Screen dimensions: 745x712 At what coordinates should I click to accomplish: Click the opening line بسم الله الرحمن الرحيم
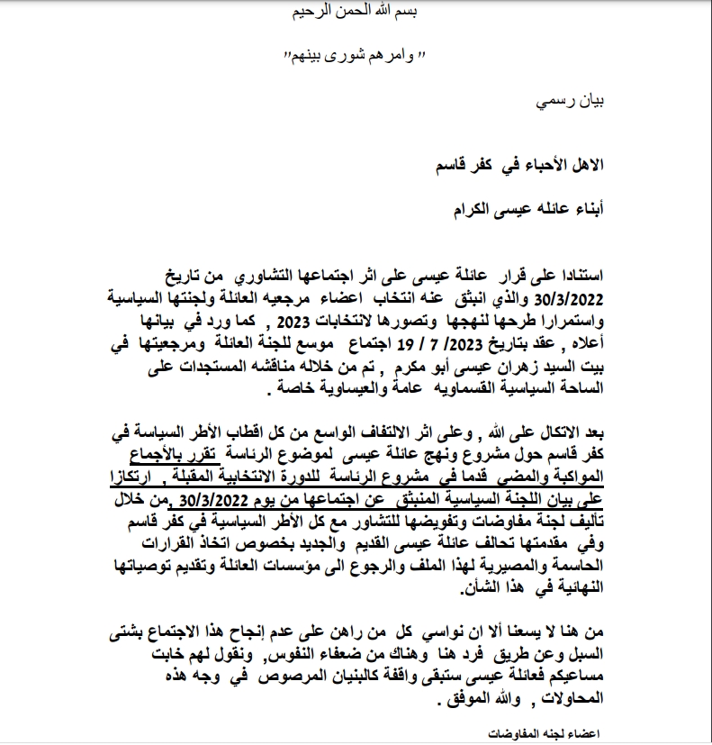click(x=357, y=12)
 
